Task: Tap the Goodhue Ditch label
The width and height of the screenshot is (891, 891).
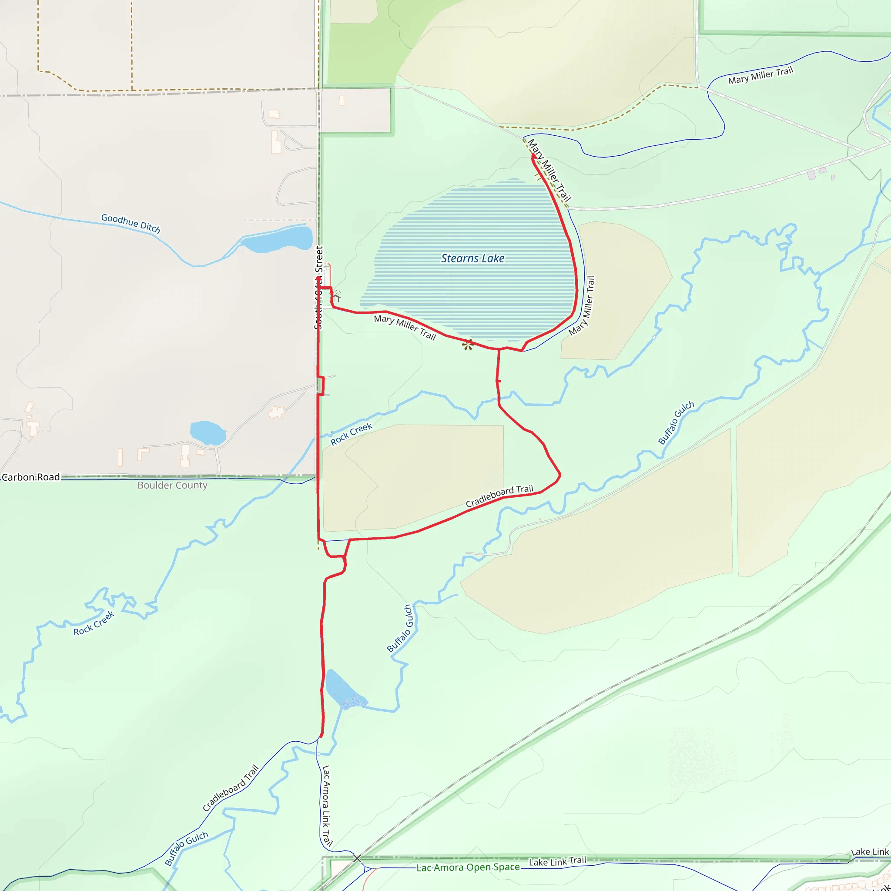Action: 131,223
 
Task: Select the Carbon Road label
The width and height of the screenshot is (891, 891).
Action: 31,477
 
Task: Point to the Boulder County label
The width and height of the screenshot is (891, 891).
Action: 172,485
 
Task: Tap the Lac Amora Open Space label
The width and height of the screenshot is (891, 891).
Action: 468,868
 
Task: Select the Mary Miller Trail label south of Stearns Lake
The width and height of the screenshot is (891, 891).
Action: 405,327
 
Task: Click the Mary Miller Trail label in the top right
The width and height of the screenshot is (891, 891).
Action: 760,76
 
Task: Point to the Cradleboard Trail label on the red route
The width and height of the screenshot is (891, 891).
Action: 499,496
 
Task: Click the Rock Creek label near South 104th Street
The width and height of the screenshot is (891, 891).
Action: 351,434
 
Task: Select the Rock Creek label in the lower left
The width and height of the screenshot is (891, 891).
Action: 94,623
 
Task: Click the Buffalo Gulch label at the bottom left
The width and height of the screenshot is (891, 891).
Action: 186,847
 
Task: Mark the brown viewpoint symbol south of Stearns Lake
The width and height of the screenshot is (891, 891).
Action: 468,344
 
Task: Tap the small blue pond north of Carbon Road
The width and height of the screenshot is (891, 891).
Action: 208,432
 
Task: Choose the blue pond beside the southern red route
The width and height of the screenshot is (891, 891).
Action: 344,690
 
